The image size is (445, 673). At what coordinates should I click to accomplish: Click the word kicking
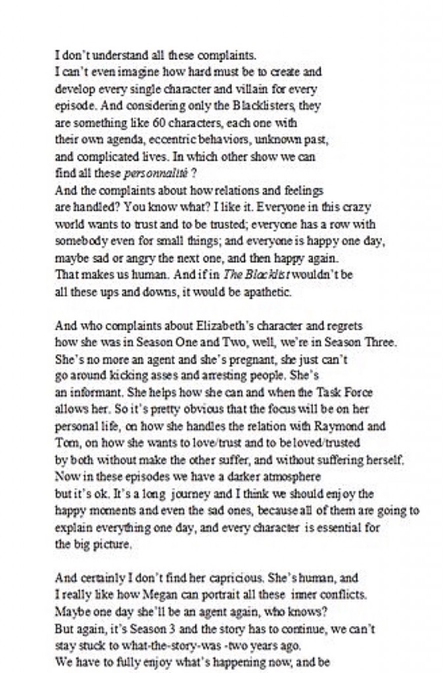pyautogui.click(x=123, y=377)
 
